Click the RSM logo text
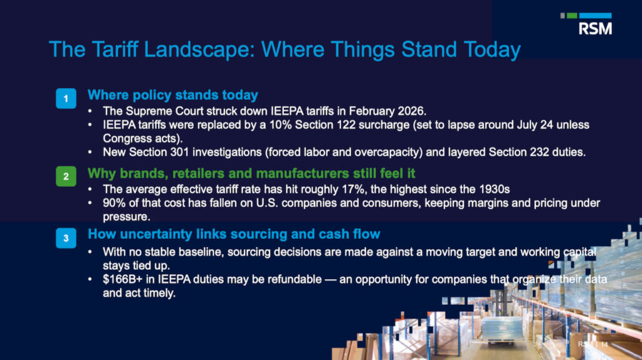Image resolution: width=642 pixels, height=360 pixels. (596, 29)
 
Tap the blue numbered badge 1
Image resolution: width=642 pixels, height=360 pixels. (66, 98)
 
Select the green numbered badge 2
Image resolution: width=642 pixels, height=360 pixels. (66, 176)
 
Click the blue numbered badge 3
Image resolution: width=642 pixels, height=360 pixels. (66, 238)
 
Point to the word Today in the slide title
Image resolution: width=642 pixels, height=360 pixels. (492, 50)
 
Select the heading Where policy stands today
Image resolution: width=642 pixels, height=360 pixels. (173, 95)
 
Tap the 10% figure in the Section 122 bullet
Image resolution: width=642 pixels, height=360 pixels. (280, 125)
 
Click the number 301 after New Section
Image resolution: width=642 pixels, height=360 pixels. (180, 152)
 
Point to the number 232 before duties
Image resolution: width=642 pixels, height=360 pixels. (539, 152)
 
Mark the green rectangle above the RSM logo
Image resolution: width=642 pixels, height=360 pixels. (572, 16)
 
